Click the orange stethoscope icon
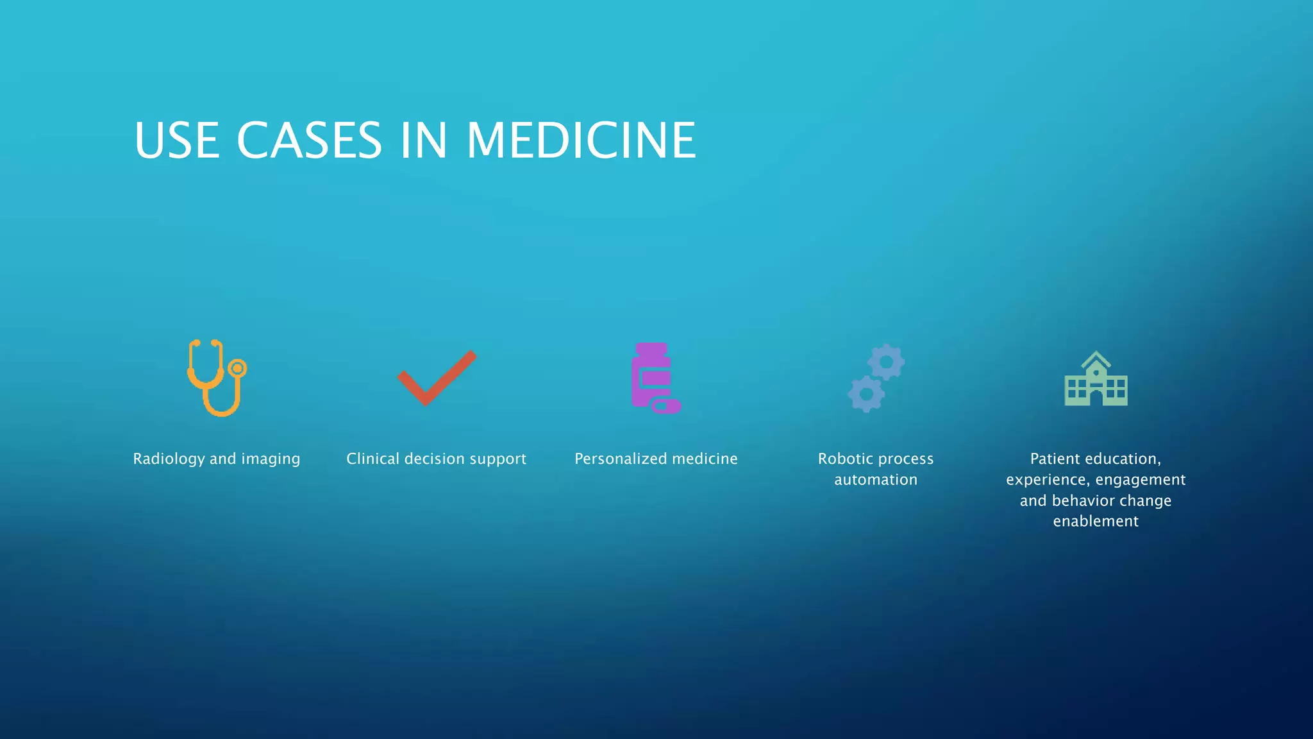pos(216,378)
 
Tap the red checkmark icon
pos(436,378)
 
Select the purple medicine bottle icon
pos(651,375)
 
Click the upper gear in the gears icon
pos(886,362)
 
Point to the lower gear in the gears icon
pos(866,394)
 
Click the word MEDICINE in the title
pos(581,140)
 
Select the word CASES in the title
pos(310,140)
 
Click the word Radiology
pos(169,459)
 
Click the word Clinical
pos(372,459)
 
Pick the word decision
pos(434,459)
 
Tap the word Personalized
pos(621,459)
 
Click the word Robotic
pos(844,459)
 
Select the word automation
pos(876,480)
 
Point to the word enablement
pos(1096,521)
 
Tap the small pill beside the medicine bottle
pos(666,406)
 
